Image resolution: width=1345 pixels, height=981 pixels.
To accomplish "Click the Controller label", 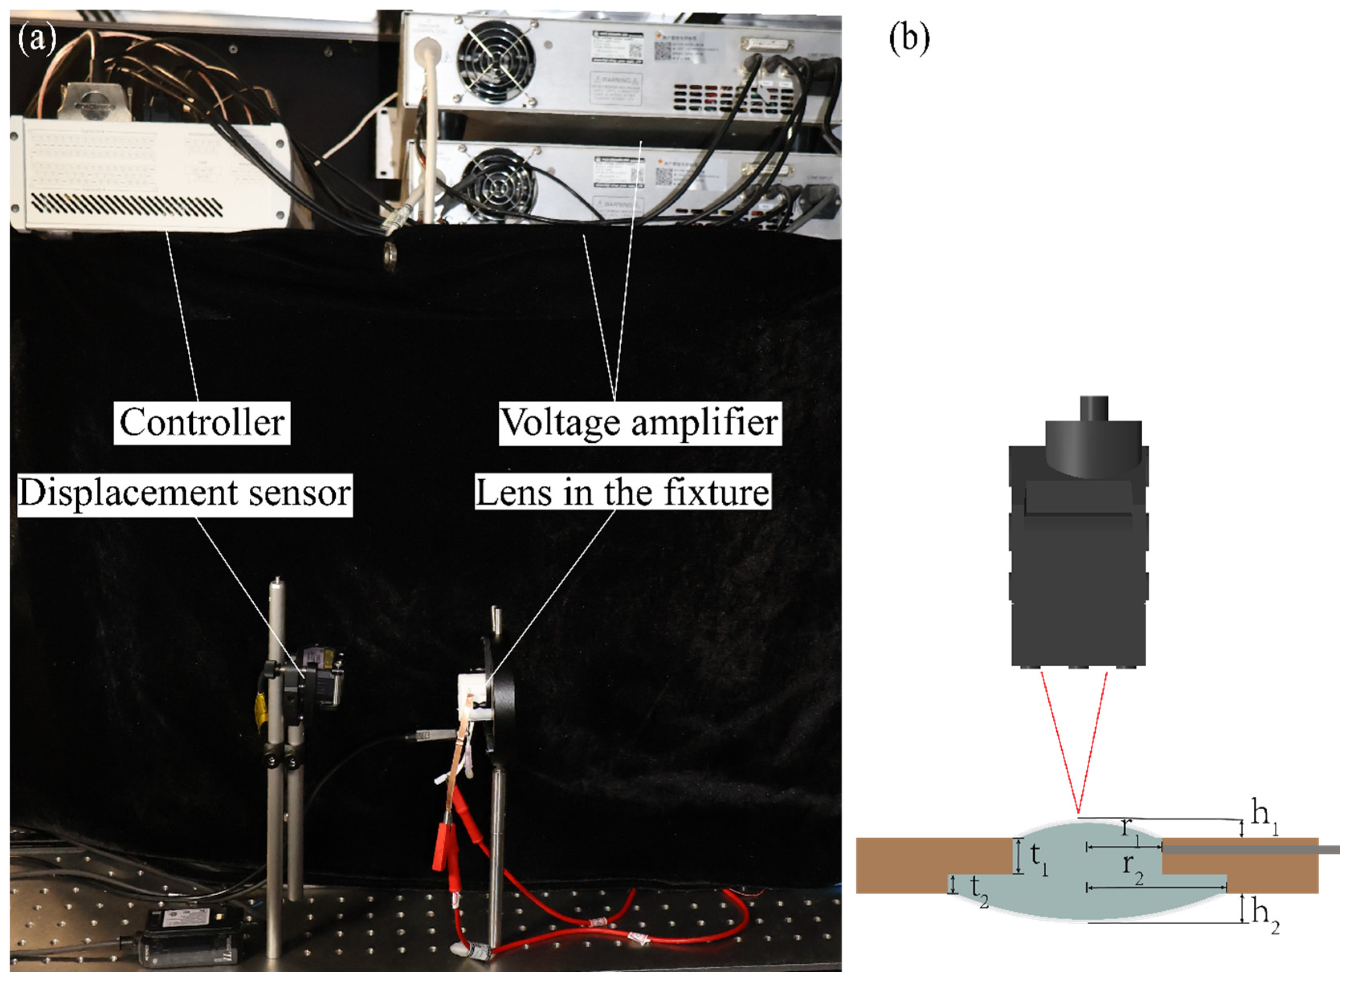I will (202, 423).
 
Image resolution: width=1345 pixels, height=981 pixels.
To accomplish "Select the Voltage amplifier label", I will (640, 423).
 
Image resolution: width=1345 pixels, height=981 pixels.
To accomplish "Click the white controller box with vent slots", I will (149, 172).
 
